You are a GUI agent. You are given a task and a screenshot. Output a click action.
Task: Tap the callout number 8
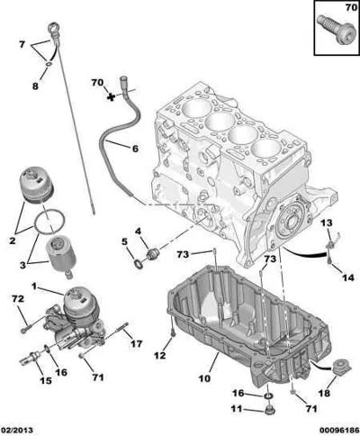tap(35, 86)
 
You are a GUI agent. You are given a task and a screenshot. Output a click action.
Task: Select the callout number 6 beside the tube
tap(135, 149)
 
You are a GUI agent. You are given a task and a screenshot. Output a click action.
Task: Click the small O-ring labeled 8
tap(49, 64)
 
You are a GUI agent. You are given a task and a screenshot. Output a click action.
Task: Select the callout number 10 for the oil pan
tap(204, 378)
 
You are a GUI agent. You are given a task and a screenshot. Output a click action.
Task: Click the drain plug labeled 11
tap(269, 409)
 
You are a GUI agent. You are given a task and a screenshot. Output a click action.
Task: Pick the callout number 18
tap(324, 393)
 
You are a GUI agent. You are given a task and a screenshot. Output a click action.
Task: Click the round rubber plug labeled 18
tap(341, 368)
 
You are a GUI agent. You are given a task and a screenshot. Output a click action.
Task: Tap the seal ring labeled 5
tap(139, 264)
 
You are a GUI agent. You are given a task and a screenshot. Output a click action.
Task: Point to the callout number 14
tap(348, 277)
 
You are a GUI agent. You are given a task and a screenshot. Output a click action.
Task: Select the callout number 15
tap(46, 380)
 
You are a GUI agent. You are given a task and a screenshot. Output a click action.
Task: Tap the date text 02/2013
tap(17, 431)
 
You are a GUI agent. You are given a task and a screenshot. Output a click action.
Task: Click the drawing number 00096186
tap(338, 431)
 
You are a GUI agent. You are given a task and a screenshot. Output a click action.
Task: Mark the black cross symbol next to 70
tap(112, 97)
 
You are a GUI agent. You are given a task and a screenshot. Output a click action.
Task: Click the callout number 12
tap(159, 356)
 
